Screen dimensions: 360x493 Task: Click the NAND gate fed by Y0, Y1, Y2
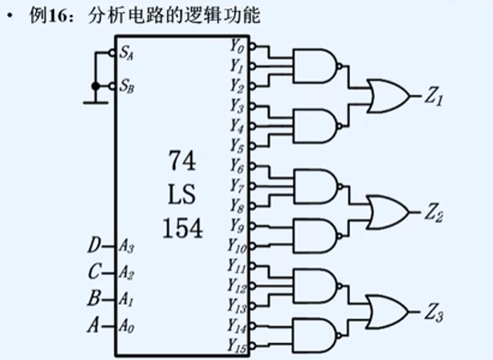coord(316,65)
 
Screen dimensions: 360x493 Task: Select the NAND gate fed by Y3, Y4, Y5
coord(316,126)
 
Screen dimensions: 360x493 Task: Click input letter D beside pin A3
coord(94,244)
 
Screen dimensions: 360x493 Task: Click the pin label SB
coord(127,84)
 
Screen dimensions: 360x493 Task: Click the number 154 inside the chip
coord(181,228)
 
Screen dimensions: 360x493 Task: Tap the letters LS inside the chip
coord(181,194)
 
